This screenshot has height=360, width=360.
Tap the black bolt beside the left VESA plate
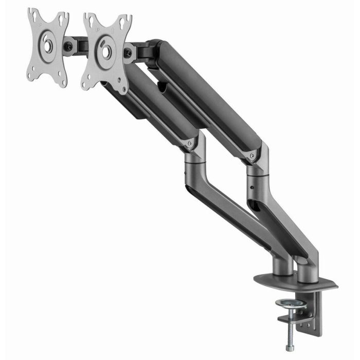pos(68,46)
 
